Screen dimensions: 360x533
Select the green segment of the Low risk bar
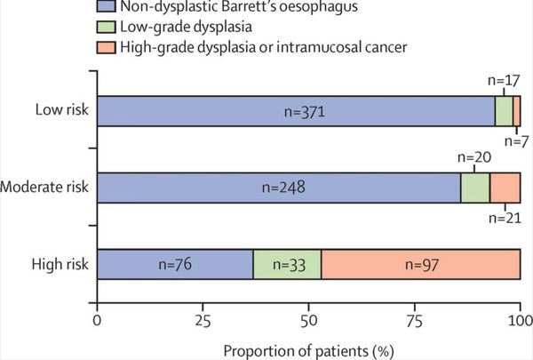(x=504, y=111)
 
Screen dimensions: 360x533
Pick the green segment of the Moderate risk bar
(x=475, y=188)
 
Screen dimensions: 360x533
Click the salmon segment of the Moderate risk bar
(x=505, y=188)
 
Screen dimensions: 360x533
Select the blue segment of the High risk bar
(x=175, y=264)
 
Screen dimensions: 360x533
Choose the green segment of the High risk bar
(x=287, y=264)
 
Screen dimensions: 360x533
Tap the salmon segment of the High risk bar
(x=420, y=264)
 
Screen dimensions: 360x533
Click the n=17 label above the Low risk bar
(x=509, y=78)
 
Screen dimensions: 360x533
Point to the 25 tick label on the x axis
(x=203, y=318)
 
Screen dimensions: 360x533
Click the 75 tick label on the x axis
(x=414, y=318)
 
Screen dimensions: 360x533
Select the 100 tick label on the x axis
(x=520, y=318)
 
